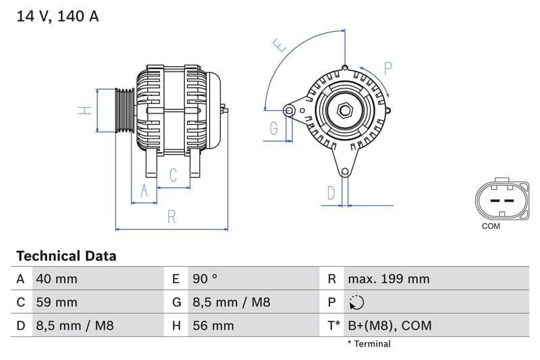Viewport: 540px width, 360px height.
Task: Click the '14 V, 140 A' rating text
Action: pos(57,17)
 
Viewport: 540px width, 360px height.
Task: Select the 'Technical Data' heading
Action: pos(66,256)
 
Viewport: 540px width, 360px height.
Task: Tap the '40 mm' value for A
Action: pos(56,279)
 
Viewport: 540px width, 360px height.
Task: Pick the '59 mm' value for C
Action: pos(56,302)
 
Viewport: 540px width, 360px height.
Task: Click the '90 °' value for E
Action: pos(205,279)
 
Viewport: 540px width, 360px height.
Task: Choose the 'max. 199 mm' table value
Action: pos(388,279)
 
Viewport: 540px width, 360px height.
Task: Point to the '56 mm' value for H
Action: pos(213,326)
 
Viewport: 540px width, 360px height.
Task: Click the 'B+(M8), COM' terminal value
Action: pos(389,326)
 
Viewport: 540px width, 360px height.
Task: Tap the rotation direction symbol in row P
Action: pos(356,303)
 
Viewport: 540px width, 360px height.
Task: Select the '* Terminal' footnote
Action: pos(369,344)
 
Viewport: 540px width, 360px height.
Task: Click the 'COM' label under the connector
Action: pos(491,226)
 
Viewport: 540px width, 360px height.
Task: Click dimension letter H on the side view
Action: pos(84,110)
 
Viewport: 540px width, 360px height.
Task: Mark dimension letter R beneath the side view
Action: pos(172,217)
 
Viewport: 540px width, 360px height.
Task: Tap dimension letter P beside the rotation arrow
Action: pos(388,68)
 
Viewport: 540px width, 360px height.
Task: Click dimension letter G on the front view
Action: pos(273,128)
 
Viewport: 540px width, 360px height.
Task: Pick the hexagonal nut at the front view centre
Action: pos(344,109)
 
